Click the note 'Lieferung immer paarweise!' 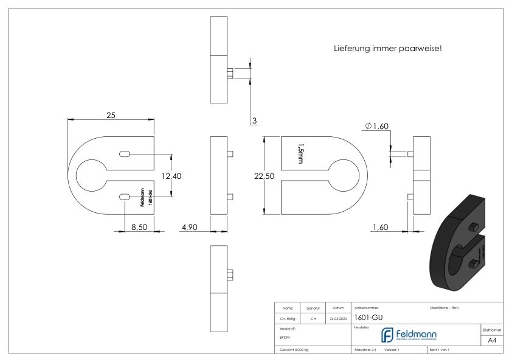tap(387, 48)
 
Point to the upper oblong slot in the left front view tap(124, 155)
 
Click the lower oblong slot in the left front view tap(124, 197)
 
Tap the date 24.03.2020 tap(339, 317)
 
